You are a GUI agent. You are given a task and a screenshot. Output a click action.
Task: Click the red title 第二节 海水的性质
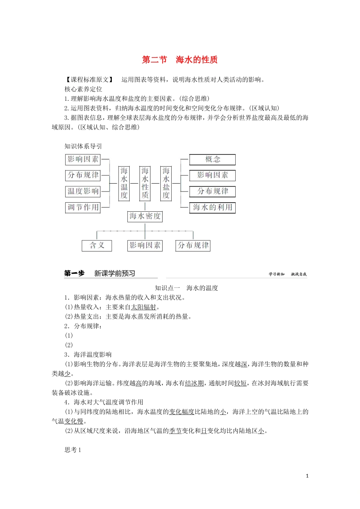click(180, 60)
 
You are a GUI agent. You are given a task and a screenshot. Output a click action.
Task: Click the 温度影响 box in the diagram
click(83, 191)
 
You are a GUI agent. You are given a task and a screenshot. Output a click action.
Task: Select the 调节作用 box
click(83, 208)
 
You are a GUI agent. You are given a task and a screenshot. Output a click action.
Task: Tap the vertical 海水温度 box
click(124, 183)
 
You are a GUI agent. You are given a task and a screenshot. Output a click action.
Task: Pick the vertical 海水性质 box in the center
click(145, 183)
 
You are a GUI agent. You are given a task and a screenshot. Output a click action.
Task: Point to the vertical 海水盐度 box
click(166, 183)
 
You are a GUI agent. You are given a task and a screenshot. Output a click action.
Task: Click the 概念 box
click(212, 159)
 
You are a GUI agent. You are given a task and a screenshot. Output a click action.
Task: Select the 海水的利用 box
click(212, 208)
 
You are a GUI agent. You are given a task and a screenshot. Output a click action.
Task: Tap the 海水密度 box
click(145, 216)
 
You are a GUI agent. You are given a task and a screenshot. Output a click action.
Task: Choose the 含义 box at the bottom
click(97, 245)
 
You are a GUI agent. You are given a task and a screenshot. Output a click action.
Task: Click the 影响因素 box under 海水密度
click(145, 245)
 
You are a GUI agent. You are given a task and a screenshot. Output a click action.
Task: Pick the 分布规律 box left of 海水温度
click(83, 175)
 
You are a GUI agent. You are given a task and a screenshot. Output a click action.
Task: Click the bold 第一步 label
click(74, 273)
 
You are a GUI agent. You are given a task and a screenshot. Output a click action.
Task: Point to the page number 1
click(307, 476)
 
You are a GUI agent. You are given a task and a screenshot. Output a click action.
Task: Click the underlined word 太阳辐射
click(144, 307)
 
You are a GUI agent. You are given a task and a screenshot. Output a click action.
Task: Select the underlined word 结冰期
click(194, 383)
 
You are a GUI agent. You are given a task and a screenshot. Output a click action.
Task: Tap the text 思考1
click(73, 450)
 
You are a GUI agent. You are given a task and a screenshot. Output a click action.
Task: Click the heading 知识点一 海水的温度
click(186, 288)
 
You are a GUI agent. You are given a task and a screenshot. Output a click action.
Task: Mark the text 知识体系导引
click(83, 147)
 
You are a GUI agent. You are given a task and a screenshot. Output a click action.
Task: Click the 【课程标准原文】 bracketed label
click(89, 80)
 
